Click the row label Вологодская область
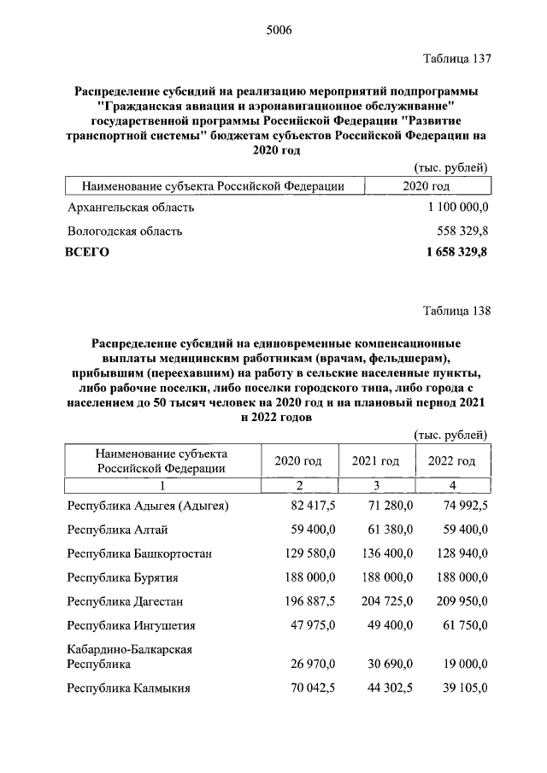[124, 231]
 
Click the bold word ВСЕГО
[87, 252]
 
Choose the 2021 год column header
[376, 461]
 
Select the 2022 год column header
[452, 461]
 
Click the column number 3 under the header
[376, 485]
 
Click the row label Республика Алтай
[113, 530]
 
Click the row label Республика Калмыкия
[128, 688]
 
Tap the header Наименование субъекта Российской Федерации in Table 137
[213, 186]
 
